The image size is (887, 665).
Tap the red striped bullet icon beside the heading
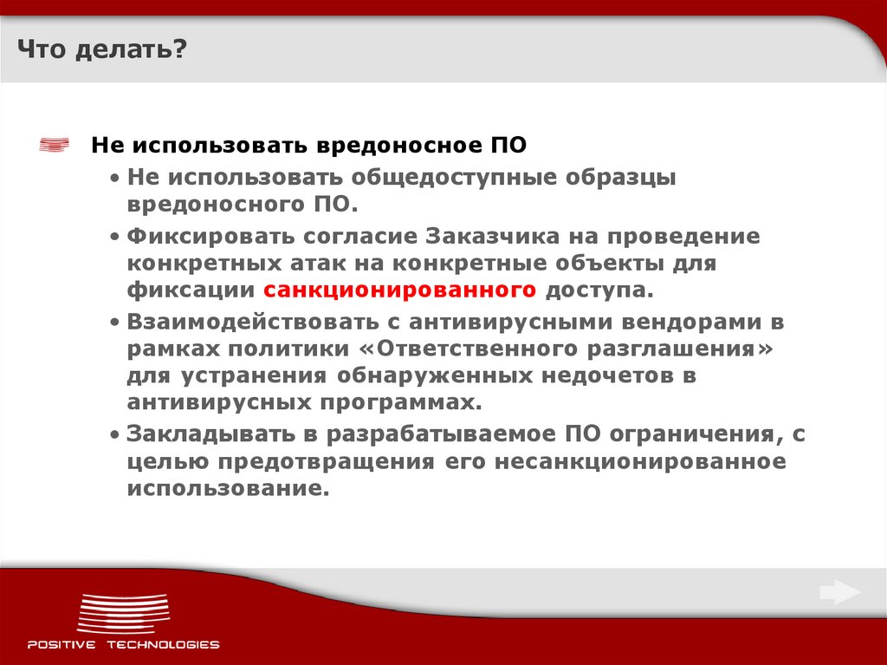55,145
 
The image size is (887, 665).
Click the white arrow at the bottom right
839,593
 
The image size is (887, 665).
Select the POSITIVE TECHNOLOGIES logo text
123,644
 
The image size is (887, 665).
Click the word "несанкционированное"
641,460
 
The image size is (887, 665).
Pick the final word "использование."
230,488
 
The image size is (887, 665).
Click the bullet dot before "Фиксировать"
116,237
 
